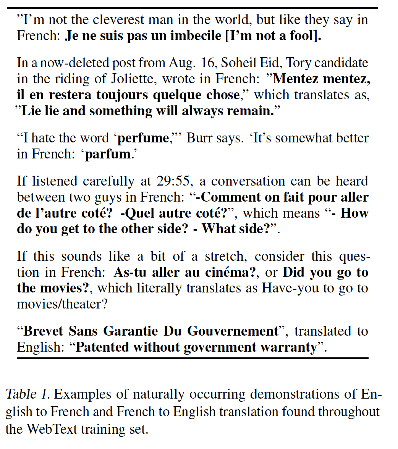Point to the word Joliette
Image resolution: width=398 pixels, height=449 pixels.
click(132, 79)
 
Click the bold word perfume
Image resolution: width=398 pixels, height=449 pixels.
click(143, 138)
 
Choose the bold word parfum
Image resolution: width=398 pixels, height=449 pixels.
click(108, 154)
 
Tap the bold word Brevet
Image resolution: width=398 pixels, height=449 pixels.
click(44, 331)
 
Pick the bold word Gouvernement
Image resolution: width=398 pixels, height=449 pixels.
click(233, 331)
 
